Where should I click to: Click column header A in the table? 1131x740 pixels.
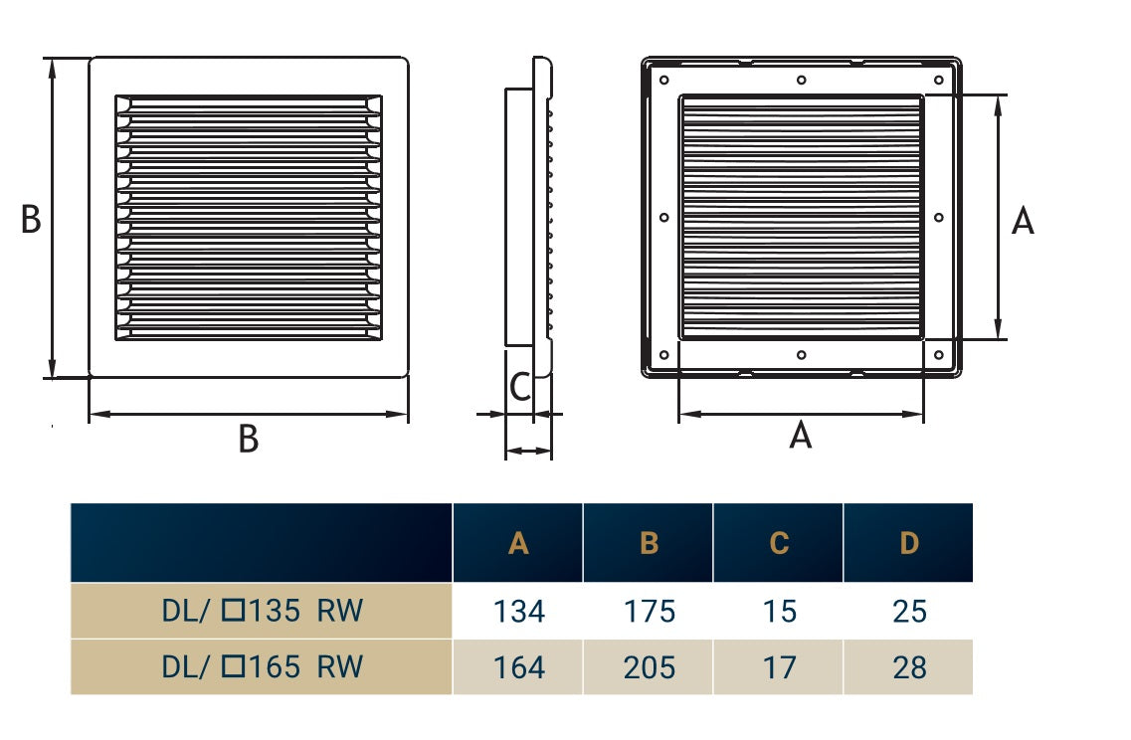[518, 543]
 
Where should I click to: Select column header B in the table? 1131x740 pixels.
[649, 543]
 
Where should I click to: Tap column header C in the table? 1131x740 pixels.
[779, 543]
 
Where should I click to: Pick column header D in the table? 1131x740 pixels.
[909, 543]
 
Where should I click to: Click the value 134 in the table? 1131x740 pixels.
[518, 612]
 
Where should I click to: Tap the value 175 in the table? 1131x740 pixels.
[649, 612]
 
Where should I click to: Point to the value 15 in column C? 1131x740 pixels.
[779, 612]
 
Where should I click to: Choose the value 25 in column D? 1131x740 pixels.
[909, 612]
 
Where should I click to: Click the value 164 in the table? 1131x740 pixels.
[518, 667]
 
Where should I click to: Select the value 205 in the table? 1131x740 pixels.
[649, 667]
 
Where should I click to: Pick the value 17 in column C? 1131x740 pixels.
[779, 667]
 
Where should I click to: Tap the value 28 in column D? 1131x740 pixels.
[909, 667]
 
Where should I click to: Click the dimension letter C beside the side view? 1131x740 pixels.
[519, 387]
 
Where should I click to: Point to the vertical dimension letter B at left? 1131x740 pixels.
[31, 220]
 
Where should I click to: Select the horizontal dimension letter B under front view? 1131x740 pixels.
[248, 439]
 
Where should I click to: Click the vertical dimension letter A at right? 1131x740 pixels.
[1023, 222]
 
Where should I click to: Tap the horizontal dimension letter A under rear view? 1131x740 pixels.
[801, 435]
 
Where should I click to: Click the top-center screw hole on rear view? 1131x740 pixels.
[802, 80]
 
